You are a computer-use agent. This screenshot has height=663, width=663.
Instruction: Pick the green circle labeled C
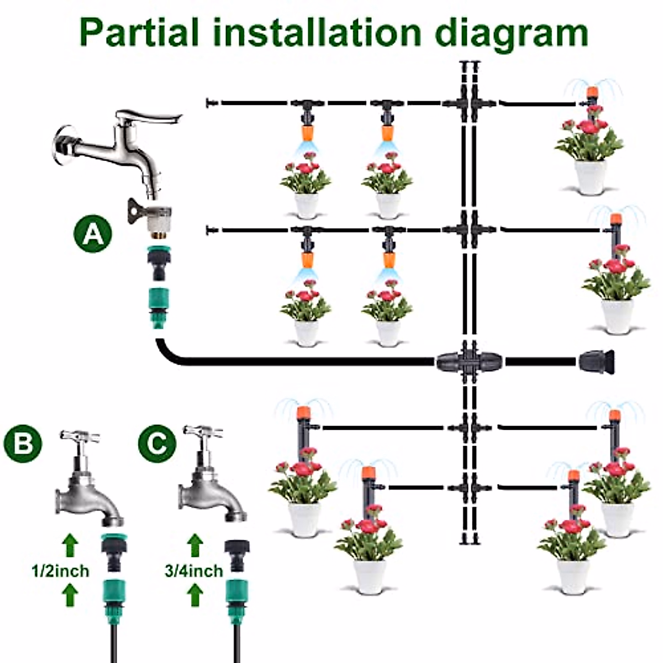point(157,443)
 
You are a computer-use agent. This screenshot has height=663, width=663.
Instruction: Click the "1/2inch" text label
point(60,570)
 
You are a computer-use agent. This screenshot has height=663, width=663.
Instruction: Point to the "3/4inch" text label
point(194,570)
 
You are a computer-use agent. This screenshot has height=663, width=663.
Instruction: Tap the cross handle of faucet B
point(79,436)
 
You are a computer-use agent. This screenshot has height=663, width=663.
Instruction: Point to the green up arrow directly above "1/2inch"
point(69,545)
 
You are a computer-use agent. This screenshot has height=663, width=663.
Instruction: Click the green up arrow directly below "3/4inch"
point(194,596)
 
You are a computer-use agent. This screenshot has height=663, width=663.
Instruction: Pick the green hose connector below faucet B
point(114,591)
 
